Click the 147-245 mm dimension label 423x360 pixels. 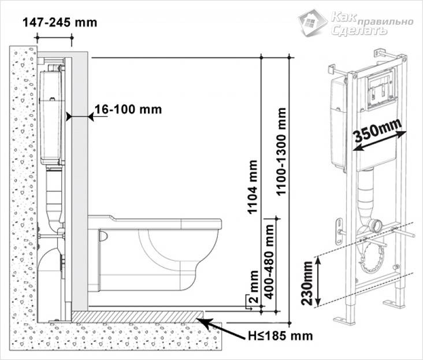[60, 23]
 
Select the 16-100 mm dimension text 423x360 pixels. [128, 109]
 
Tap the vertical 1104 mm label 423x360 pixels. [253, 187]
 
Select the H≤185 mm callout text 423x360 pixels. [281, 336]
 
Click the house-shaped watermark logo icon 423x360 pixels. [313, 23]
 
